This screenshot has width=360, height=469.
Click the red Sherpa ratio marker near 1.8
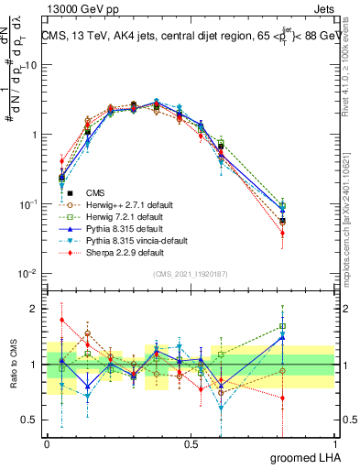click(x=61, y=320)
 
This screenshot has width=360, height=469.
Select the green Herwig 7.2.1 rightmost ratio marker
click(x=283, y=325)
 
